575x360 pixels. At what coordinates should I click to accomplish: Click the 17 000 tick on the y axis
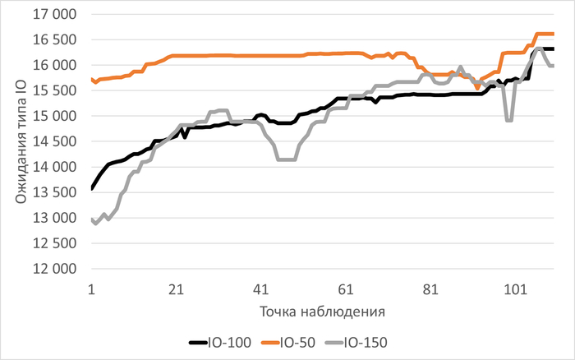pyautogui.click(x=57, y=14)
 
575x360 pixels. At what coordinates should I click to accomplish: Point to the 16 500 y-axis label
pyautogui.click(x=57, y=39)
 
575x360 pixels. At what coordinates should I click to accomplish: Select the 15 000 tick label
pyautogui.click(x=57, y=116)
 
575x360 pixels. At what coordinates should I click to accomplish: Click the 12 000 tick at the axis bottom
pyautogui.click(x=57, y=269)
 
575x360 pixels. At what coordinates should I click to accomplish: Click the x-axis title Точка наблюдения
pyautogui.click(x=322, y=312)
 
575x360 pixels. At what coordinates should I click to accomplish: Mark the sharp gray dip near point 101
pyautogui.click(x=509, y=120)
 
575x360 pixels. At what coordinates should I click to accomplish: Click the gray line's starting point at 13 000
pyautogui.click(x=91, y=219)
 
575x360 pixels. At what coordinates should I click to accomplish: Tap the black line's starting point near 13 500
pyautogui.click(x=91, y=188)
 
